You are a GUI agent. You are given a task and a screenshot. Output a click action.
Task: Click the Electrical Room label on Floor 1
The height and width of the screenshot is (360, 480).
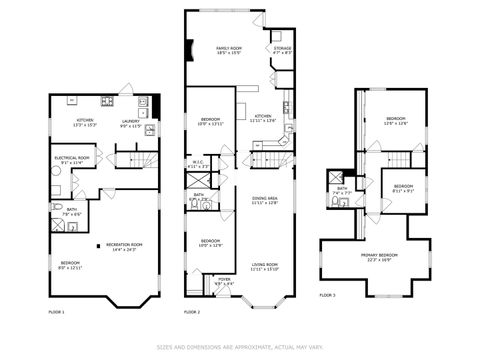click(x=71, y=158)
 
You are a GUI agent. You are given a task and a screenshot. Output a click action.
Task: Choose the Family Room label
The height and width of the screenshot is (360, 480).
click(x=231, y=50)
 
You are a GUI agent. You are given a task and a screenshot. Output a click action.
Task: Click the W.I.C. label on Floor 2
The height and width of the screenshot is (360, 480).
click(x=198, y=163)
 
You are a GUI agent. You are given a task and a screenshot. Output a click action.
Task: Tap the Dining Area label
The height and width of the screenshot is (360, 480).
click(x=265, y=200)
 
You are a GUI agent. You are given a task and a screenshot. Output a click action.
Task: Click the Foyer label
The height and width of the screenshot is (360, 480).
click(x=224, y=281)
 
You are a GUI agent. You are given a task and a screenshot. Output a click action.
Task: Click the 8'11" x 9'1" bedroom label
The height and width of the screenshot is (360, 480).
click(x=403, y=187)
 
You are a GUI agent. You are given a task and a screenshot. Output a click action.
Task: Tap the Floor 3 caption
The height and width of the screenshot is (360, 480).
click(x=328, y=295)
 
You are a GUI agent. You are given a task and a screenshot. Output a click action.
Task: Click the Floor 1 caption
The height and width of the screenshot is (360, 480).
click(x=56, y=312)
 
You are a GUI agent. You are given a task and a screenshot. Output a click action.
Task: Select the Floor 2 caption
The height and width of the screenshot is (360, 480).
click(x=193, y=312)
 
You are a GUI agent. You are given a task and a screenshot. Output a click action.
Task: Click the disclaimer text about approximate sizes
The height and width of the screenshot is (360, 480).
click(x=240, y=348)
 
